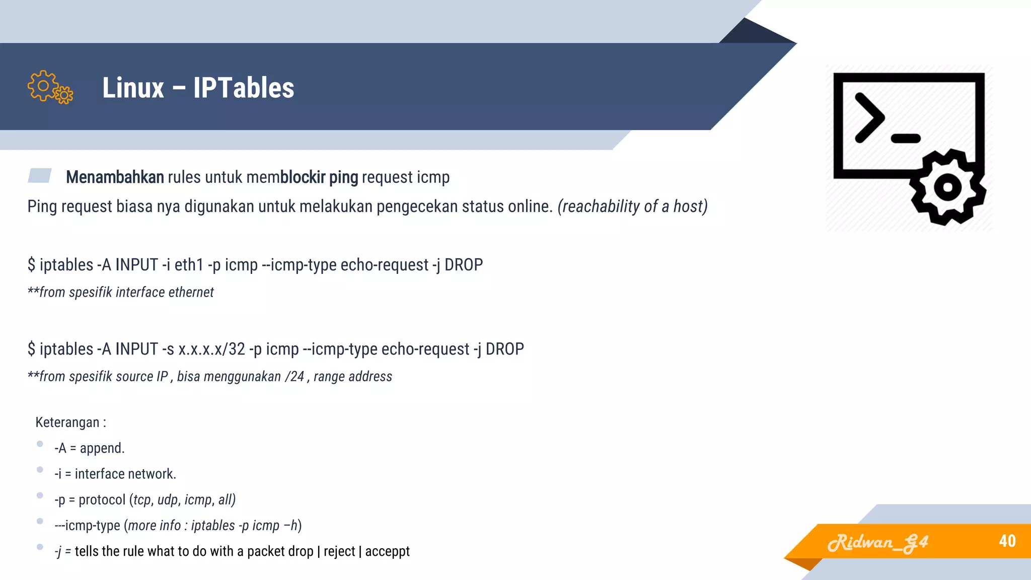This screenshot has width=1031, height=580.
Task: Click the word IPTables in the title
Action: [x=244, y=88]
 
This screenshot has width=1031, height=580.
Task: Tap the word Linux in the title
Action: [x=133, y=88]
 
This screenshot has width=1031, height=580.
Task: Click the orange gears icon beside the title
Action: [x=50, y=88]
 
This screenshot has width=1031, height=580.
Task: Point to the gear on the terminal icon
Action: [x=948, y=187]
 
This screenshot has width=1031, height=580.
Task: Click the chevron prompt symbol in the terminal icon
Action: [x=869, y=117]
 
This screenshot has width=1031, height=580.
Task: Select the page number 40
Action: [x=1007, y=541]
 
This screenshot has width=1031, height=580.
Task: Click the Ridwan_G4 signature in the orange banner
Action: [x=878, y=543]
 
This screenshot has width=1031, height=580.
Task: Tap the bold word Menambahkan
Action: [x=115, y=177]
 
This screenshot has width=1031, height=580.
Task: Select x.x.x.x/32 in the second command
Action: [x=211, y=349]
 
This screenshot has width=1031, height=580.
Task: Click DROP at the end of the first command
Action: [x=464, y=265]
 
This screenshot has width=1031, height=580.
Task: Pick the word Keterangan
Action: [x=67, y=422]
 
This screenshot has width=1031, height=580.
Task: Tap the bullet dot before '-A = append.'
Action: [x=40, y=444]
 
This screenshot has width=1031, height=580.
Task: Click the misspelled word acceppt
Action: [x=387, y=551]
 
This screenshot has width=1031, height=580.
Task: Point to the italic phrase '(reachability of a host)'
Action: [x=632, y=206]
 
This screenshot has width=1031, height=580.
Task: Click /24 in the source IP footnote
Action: [x=294, y=377]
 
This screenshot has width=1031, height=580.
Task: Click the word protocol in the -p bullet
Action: [x=102, y=500]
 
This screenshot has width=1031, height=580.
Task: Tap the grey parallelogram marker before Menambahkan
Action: [x=40, y=175]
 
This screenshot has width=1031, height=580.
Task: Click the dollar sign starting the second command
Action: [x=31, y=349]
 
